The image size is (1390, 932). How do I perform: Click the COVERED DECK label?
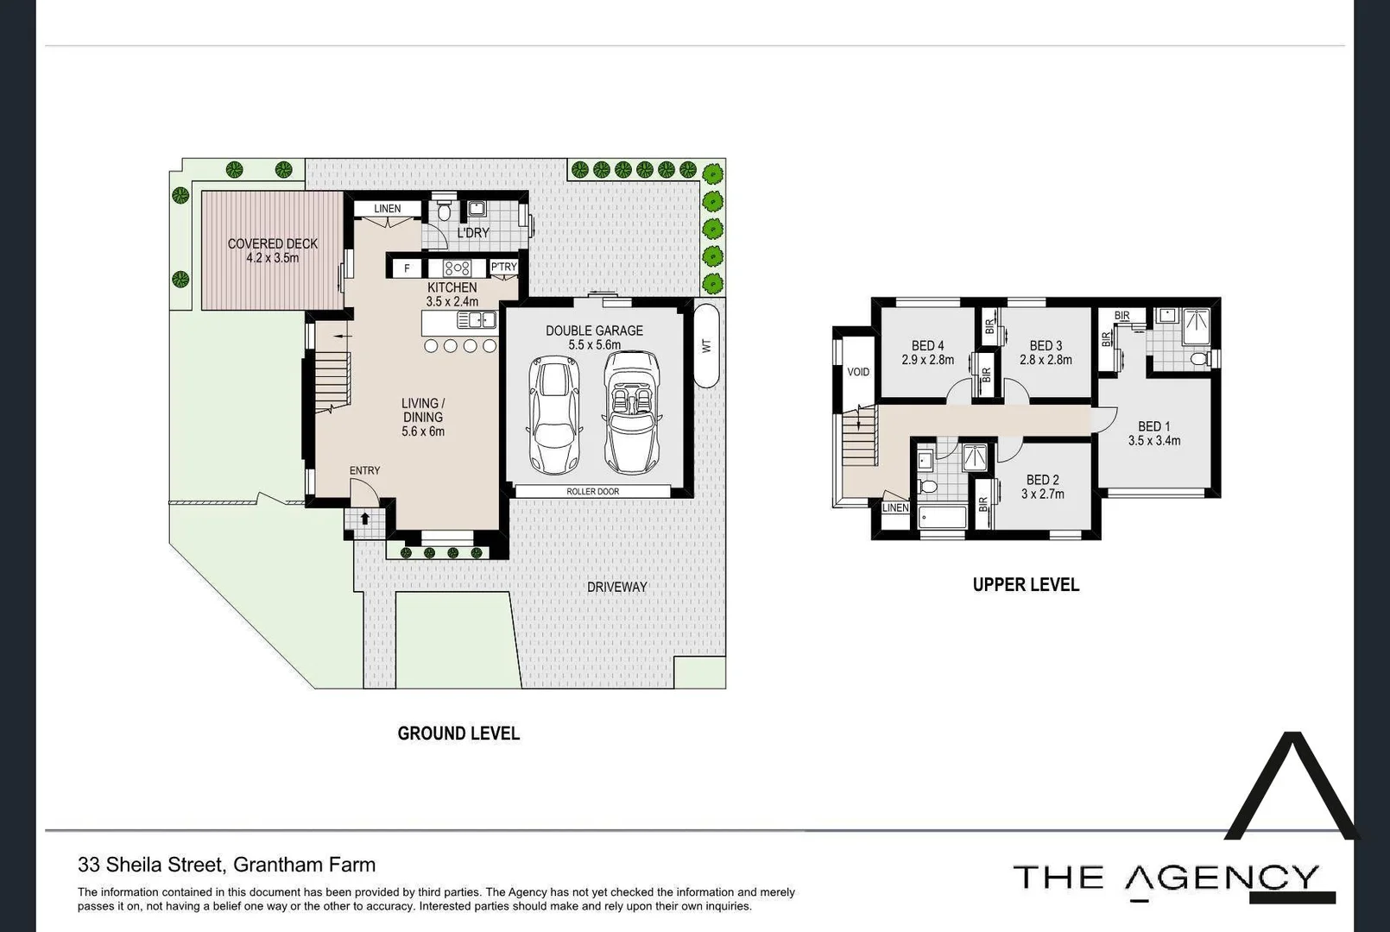click(x=273, y=244)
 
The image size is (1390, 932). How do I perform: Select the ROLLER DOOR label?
click(x=592, y=491)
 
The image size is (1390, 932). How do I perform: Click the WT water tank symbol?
click(x=706, y=345)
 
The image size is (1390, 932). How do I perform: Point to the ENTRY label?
click(x=364, y=470)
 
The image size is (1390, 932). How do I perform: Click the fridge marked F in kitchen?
click(x=407, y=268)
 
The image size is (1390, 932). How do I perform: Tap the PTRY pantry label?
click(x=503, y=268)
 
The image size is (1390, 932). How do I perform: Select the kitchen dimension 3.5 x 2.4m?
click(x=452, y=302)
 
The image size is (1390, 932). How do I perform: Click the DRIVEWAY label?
click(x=616, y=587)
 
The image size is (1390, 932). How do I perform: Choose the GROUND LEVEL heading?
click(x=458, y=734)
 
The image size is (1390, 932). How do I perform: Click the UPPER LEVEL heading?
click(x=1026, y=585)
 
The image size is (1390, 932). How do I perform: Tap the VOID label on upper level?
click(x=858, y=372)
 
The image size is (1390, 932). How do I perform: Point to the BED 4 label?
click(x=928, y=345)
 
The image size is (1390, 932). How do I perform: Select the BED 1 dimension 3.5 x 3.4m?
click(x=1154, y=441)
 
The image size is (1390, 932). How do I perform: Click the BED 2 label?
click(x=1043, y=480)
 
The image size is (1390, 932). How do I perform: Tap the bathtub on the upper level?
click(x=942, y=519)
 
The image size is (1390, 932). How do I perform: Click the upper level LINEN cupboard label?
click(x=895, y=507)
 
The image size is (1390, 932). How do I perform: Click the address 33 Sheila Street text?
click(x=226, y=865)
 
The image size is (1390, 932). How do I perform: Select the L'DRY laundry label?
click(x=472, y=233)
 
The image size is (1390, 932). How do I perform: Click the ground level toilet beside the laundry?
click(x=444, y=210)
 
